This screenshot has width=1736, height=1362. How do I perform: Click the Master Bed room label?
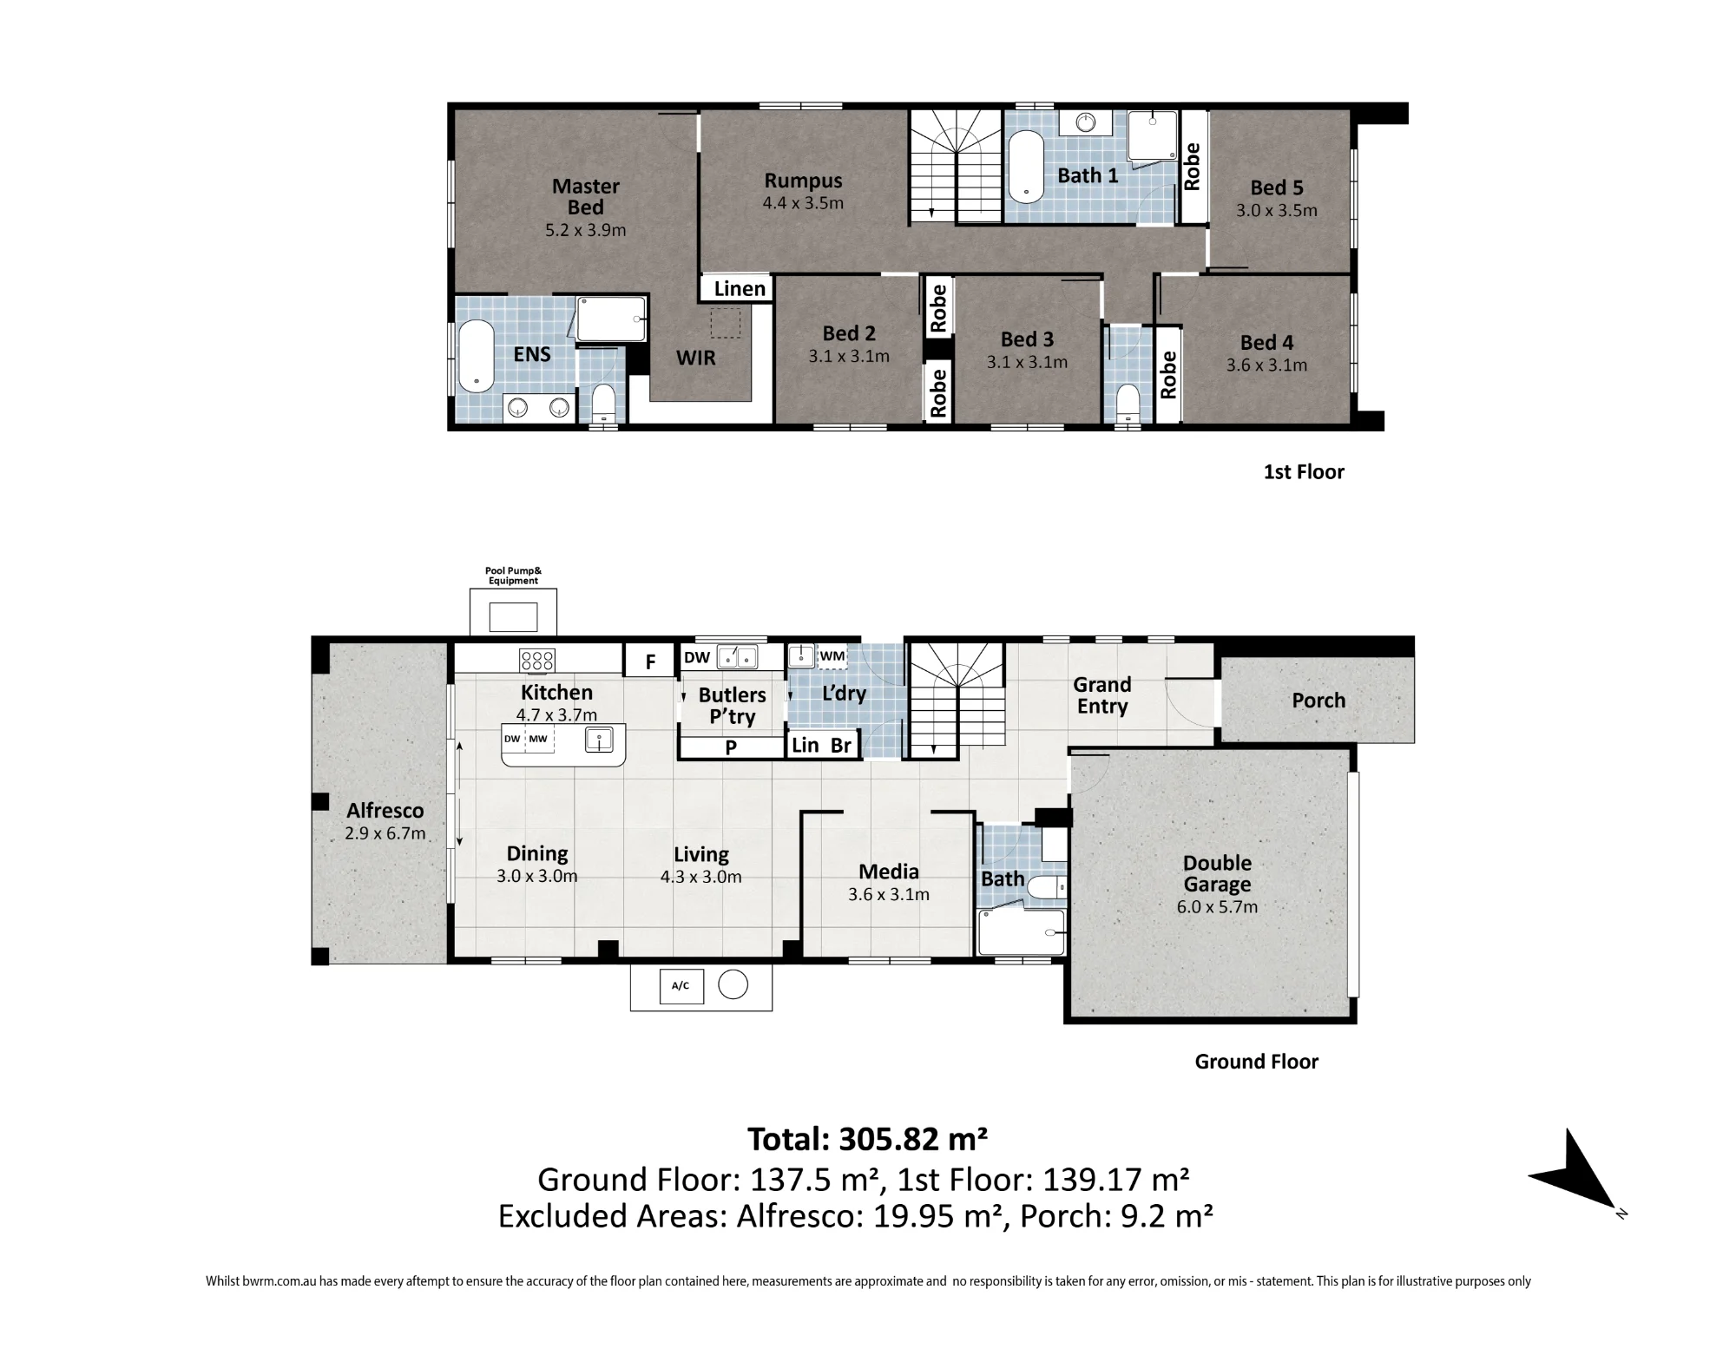click(586, 197)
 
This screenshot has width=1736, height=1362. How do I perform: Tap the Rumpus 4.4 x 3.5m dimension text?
click(803, 204)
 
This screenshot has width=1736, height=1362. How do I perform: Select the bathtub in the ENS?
click(476, 357)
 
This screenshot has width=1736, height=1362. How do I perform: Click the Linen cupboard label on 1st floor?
click(740, 289)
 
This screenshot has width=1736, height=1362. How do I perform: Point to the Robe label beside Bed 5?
click(1193, 167)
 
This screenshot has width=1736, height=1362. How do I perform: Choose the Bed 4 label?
click(1266, 343)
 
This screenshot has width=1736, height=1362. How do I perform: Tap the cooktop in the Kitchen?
click(537, 661)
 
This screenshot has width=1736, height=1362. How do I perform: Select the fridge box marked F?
click(650, 661)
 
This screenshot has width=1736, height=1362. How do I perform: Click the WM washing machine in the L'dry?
click(832, 656)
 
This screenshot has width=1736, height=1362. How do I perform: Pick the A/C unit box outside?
click(681, 985)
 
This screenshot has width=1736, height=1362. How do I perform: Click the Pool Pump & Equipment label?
click(513, 576)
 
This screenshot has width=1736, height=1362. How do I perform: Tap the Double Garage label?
click(1217, 874)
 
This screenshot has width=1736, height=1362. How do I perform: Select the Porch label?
click(1318, 701)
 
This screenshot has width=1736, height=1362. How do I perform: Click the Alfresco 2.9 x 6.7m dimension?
click(385, 834)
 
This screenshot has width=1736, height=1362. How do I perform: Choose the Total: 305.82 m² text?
click(868, 1139)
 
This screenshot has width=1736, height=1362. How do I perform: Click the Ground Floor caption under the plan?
click(1256, 1062)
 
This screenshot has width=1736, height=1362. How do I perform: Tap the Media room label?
click(889, 872)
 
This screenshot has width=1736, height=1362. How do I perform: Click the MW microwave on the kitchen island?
click(538, 740)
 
